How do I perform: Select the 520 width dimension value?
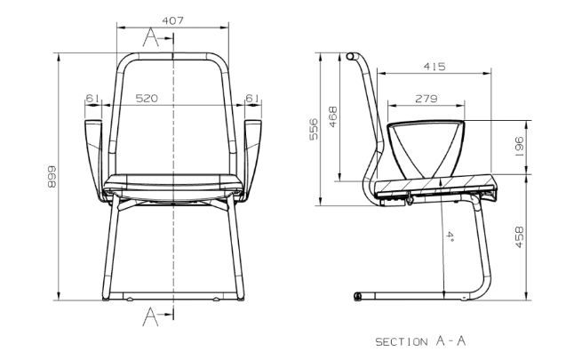[x=147, y=99]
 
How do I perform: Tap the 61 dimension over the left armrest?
[x=92, y=99]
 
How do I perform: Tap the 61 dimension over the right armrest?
[x=252, y=99]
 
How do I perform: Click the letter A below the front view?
[x=152, y=314]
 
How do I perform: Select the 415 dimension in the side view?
[x=435, y=68]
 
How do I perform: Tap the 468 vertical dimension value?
[x=333, y=116]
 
